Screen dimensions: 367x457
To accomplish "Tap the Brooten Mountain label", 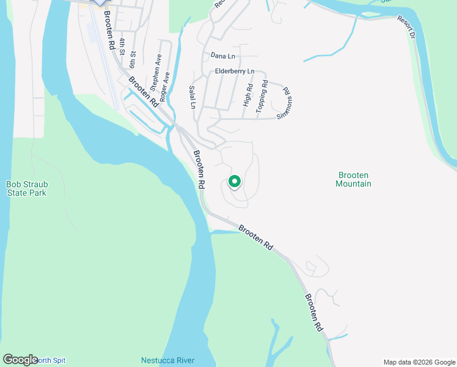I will coord(354,179).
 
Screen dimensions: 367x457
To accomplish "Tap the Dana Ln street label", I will coord(222,56).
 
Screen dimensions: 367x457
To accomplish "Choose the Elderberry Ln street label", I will coord(235,72).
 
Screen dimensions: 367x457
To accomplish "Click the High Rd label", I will coord(248,95).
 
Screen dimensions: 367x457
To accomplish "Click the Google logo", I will coord(20,360).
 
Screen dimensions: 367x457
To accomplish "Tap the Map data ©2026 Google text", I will coord(419,362).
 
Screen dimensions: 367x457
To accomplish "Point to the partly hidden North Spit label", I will coord(51,360).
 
